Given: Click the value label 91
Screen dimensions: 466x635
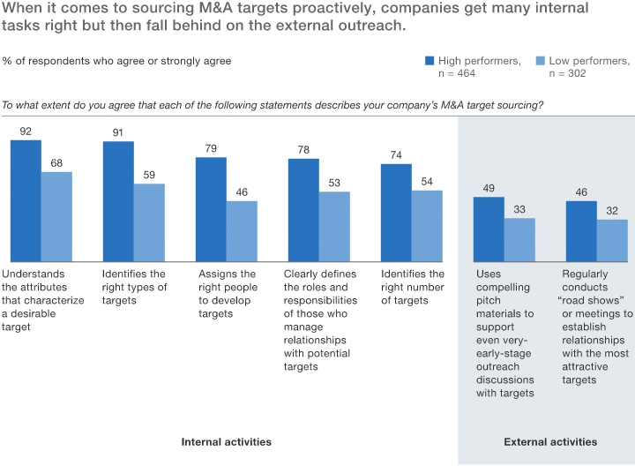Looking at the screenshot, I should tap(118, 133).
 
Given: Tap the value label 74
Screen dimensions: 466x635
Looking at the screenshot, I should tap(396, 155).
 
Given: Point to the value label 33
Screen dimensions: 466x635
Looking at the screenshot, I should tap(519, 210).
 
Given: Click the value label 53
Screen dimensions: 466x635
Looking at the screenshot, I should tap(334, 184).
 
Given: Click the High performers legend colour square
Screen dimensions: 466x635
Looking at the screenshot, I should tap(430, 61).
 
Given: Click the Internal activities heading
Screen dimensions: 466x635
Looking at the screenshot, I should tap(226, 441).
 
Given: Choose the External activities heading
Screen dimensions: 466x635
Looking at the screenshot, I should tap(549, 441).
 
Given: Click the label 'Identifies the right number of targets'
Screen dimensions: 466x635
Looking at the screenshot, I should tap(413, 287).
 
